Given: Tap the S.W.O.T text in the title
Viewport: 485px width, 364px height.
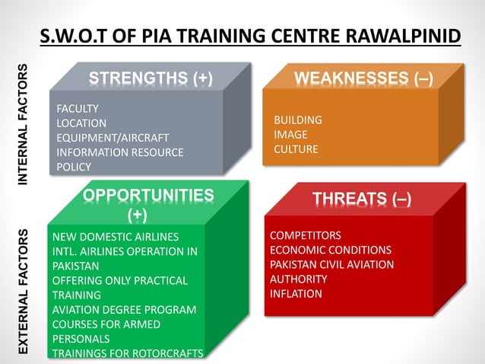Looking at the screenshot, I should point(74,36).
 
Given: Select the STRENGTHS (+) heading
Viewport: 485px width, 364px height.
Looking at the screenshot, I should point(151,78).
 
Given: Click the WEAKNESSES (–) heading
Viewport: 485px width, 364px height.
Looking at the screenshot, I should point(363,78).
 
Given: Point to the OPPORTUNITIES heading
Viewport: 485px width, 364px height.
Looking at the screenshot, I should point(148,196).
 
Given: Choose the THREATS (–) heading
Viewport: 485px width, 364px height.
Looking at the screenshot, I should point(362,199).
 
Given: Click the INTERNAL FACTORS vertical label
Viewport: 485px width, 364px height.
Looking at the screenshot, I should point(24,122).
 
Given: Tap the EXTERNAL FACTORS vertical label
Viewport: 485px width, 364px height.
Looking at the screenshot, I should point(24,289).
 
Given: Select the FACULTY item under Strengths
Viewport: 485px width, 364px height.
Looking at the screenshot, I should point(78,108).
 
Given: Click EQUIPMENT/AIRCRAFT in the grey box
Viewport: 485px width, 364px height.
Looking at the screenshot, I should point(113,138).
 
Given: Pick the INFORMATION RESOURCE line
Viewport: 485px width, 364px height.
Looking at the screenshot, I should point(120,152).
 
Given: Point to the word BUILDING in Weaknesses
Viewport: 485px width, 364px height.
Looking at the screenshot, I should point(298,120).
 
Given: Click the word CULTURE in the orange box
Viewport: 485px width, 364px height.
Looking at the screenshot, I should point(296,149).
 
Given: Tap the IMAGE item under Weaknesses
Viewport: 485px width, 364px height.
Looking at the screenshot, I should point(290,135).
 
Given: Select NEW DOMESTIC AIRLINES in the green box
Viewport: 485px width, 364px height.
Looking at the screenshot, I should point(116,237).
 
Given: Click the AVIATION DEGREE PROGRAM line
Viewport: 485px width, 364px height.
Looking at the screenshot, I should point(124,310).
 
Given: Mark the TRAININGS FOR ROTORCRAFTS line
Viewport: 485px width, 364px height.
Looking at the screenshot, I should point(128,353).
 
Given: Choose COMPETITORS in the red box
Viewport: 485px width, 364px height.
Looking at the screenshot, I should point(306,235).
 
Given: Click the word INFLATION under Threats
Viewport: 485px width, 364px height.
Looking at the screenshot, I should point(296,294).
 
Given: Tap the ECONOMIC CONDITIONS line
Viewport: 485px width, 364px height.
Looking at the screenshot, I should point(331,250).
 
